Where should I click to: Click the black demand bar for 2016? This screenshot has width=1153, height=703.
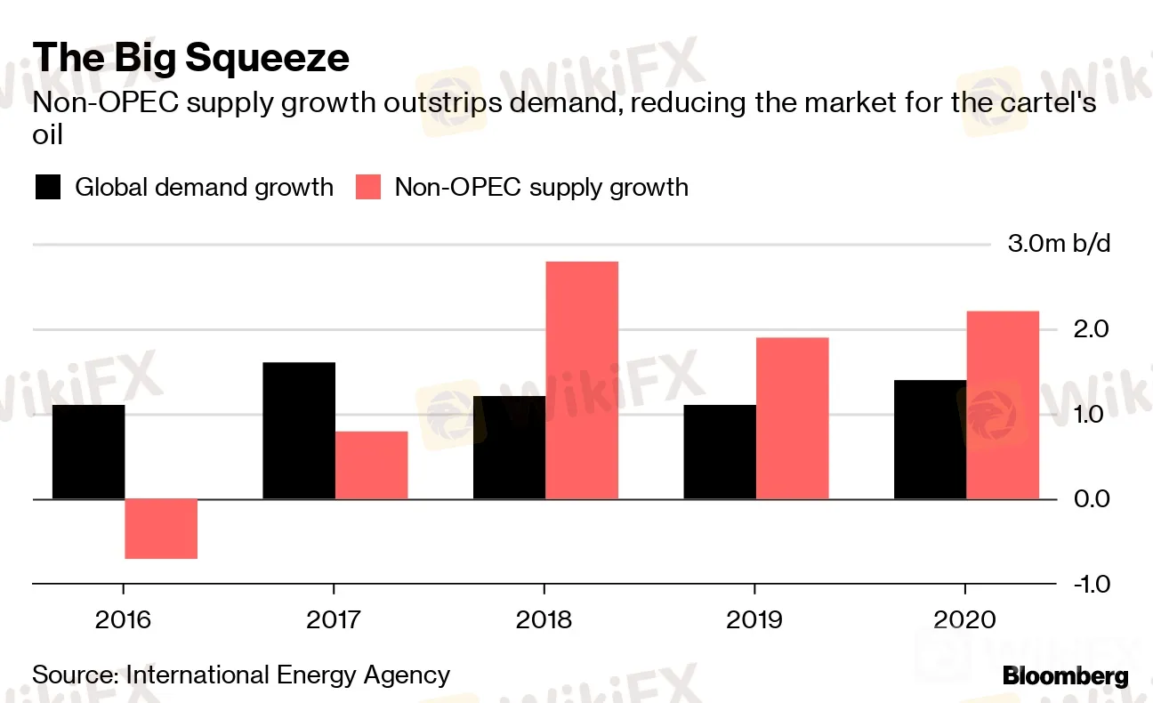(x=88, y=452)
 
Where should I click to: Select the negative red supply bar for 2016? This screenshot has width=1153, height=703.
(x=161, y=529)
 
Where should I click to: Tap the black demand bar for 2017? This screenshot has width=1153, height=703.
(x=299, y=431)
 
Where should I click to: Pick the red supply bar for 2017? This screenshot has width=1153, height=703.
(x=372, y=465)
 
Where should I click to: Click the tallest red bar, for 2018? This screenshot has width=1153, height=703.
(x=582, y=380)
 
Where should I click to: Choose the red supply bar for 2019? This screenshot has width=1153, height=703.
(x=792, y=418)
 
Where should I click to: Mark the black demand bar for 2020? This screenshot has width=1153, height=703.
(x=930, y=440)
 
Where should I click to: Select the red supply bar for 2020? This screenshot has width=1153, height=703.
(x=1003, y=405)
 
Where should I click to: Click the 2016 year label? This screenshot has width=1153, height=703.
(x=123, y=619)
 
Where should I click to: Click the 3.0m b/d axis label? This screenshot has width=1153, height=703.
(x=1059, y=244)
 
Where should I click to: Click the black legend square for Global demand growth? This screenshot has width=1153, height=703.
(x=48, y=188)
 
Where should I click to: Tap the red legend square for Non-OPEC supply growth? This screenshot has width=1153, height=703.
(x=368, y=188)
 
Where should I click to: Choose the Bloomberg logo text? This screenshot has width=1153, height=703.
(x=1065, y=676)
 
